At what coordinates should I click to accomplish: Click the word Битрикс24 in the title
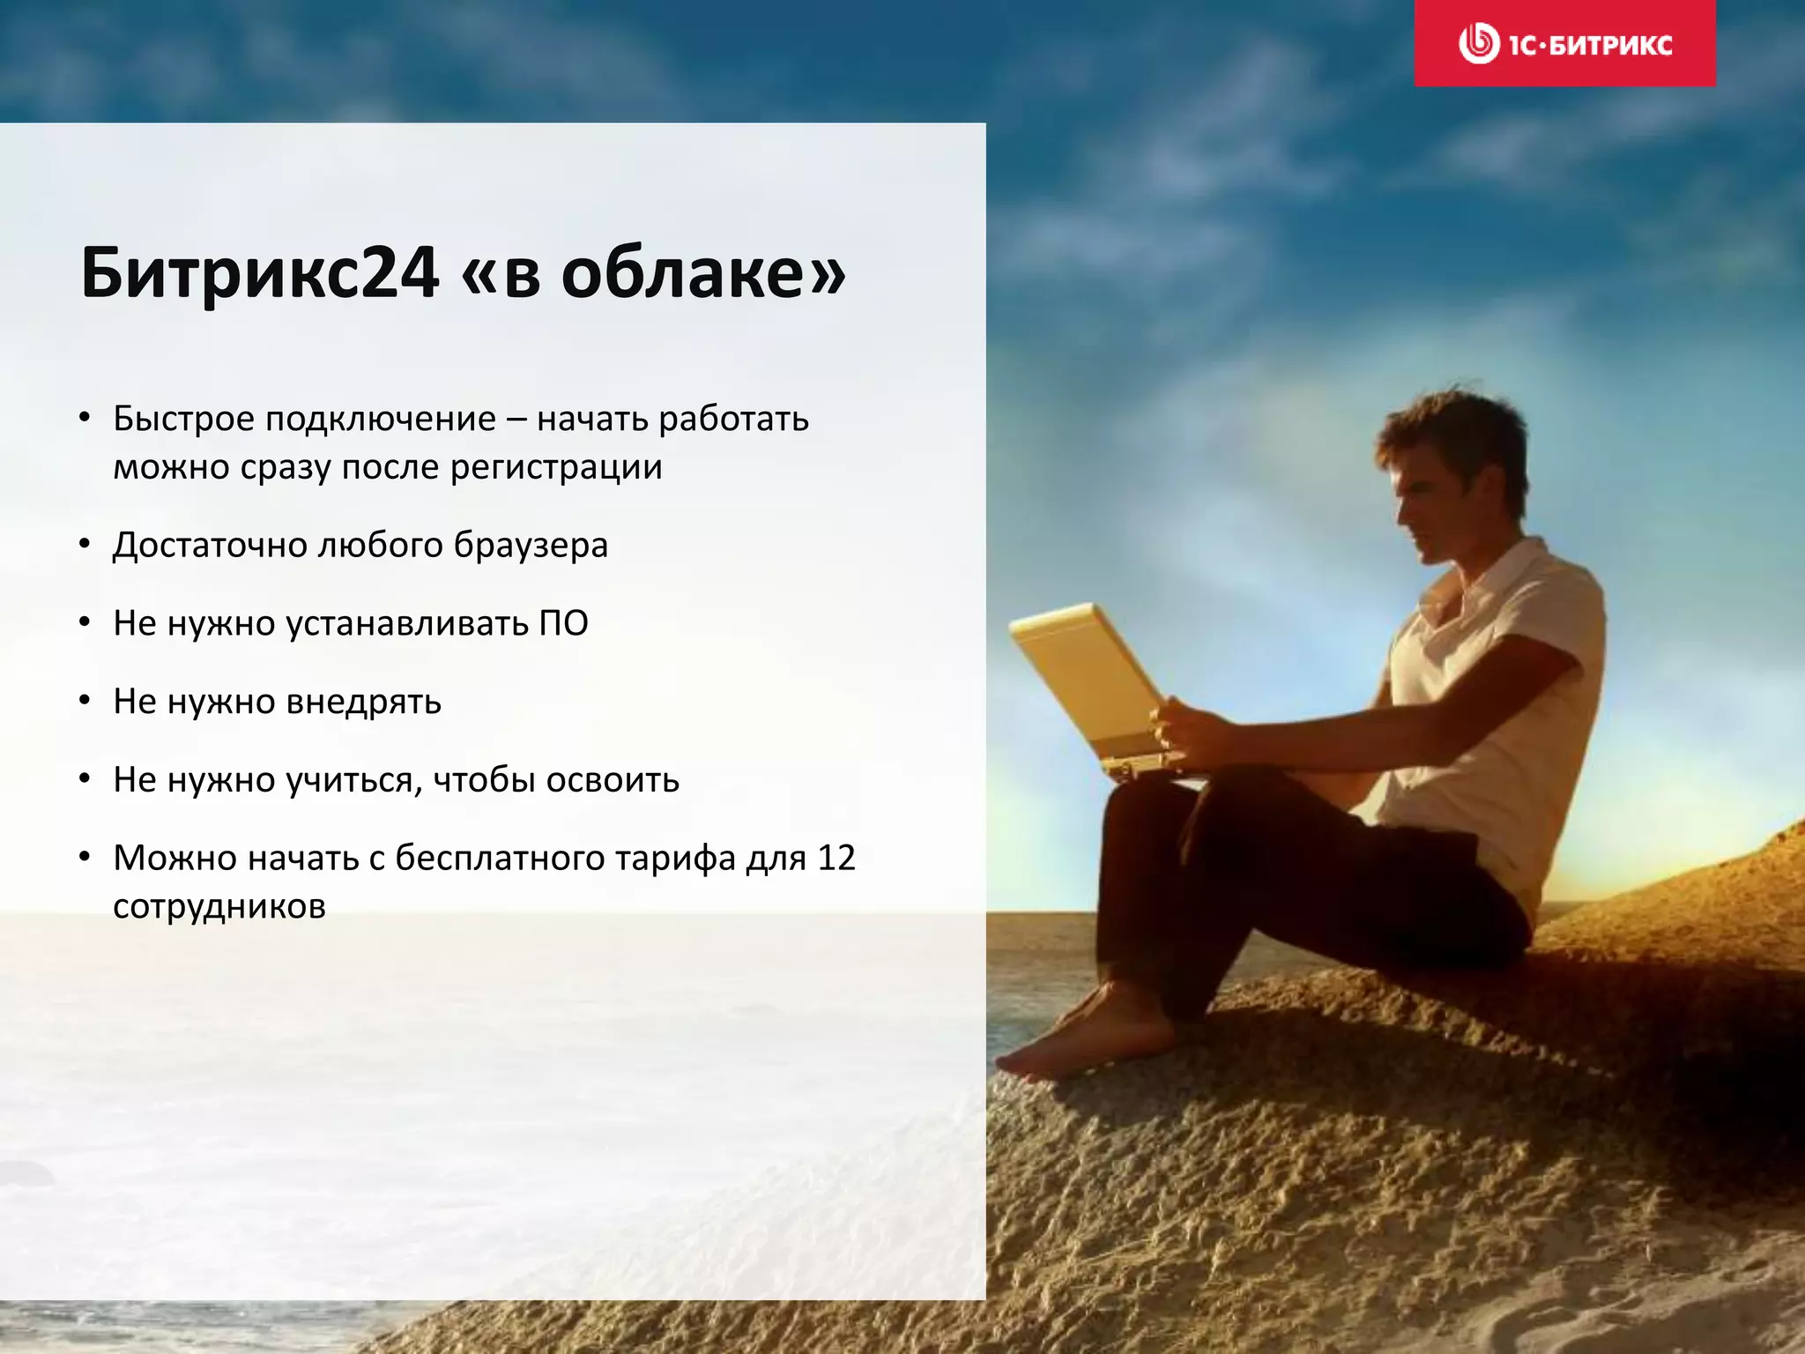[x=259, y=273]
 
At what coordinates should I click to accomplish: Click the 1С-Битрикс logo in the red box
[x=1564, y=44]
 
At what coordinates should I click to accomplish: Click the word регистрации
[x=556, y=467]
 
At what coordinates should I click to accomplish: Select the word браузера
[x=531, y=546]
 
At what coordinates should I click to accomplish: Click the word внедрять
[x=364, y=702]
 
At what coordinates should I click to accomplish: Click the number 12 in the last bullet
[x=836, y=858]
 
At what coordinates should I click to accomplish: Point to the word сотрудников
[x=219, y=906]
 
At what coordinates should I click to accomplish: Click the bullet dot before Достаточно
[x=85, y=545]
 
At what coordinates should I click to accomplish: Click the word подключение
[x=380, y=419]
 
